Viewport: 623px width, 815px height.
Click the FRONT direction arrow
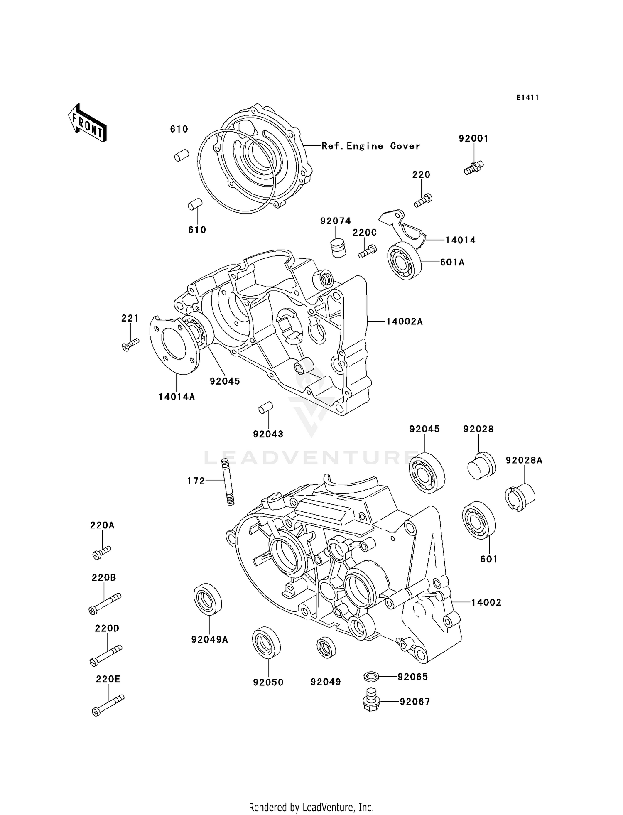[x=87, y=123]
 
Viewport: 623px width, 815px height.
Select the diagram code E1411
[x=527, y=98]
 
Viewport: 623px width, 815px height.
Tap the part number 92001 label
[x=473, y=139]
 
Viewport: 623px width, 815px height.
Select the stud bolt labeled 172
[x=228, y=481]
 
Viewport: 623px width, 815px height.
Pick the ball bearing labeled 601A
[x=404, y=260]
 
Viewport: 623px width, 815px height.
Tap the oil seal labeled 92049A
[x=208, y=599]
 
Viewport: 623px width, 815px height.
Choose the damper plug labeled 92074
[x=339, y=248]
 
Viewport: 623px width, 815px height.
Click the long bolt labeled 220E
[x=108, y=705]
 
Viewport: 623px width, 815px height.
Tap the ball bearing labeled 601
[x=479, y=520]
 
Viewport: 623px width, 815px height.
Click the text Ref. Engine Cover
[x=370, y=146]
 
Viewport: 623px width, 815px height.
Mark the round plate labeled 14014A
[x=174, y=346]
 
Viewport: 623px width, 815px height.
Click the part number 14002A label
[x=404, y=321]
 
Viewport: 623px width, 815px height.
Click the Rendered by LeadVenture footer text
[x=311, y=807]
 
